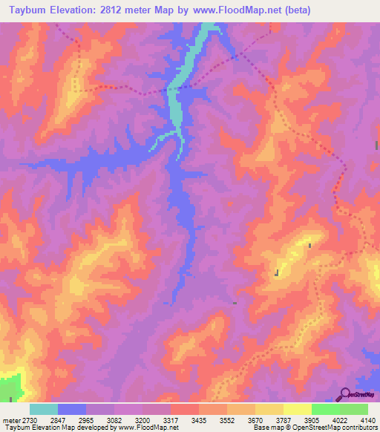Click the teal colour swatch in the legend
coord(43,409)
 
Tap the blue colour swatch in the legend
coord(71,409)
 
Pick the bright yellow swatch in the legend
coord(297,409)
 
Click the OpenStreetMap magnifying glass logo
coord(344,394)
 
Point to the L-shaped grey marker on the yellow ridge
coord(277,273)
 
